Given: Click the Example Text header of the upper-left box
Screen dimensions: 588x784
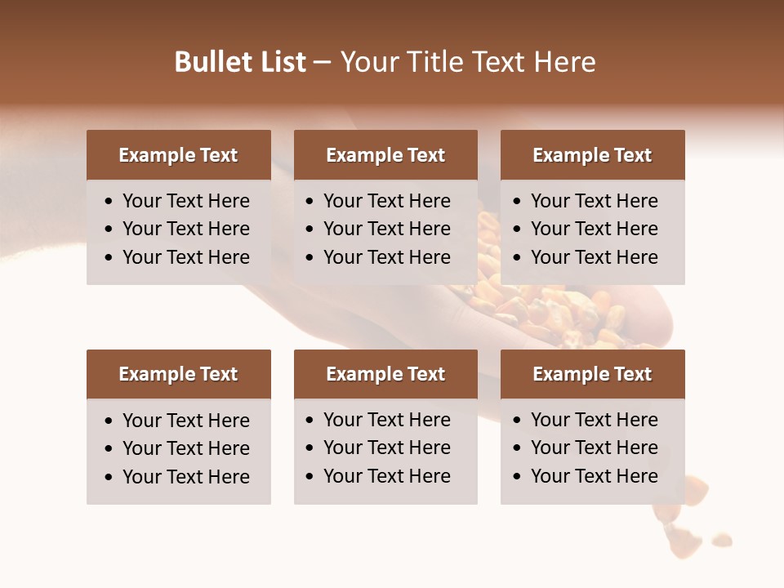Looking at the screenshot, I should (178, 155).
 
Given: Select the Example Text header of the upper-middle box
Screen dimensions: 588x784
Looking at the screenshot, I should (385, 155).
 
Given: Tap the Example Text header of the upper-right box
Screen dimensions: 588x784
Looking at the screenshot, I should (592, 155).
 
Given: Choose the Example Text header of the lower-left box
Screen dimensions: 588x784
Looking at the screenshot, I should (178, 374).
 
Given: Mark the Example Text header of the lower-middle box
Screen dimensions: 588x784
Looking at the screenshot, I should (385, 374).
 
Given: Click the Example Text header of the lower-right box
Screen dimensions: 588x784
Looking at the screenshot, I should (592, 374).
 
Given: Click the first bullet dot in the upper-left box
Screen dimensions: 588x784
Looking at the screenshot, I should (109, 202).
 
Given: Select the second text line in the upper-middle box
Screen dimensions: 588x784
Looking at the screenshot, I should (386, 229).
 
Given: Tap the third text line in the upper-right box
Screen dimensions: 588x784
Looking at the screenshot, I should (594, 257).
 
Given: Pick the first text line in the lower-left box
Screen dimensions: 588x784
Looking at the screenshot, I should (186, 421).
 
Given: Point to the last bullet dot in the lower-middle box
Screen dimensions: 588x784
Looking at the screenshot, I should (310, 477).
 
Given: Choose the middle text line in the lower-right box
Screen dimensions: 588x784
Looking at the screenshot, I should (594, 448).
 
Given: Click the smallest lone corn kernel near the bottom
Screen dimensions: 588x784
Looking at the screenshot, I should (721, 539).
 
